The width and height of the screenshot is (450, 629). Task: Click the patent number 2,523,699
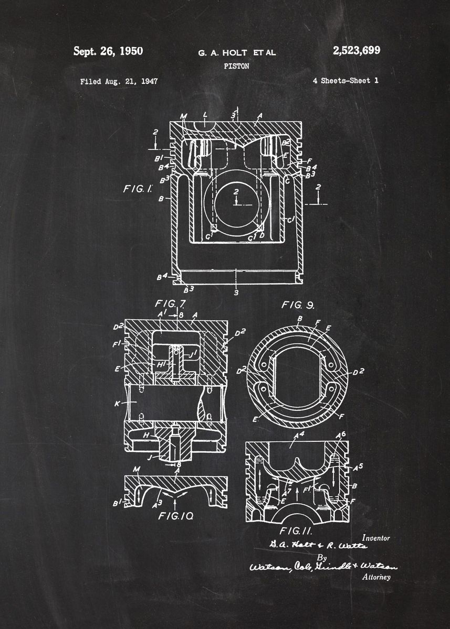356,50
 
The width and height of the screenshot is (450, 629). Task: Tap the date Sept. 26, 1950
108,51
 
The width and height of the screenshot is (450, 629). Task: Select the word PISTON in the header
236,67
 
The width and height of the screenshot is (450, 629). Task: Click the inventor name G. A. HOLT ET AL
236,52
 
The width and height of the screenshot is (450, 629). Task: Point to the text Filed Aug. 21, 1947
119,81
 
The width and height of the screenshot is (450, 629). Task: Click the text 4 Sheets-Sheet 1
345,81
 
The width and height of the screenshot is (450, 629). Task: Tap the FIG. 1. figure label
138,189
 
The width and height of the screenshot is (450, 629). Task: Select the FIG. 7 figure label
170,303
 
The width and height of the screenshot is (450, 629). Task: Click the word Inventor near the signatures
376,538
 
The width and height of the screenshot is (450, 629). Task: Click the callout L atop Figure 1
205,114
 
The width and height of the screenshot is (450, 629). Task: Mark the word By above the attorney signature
321,557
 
